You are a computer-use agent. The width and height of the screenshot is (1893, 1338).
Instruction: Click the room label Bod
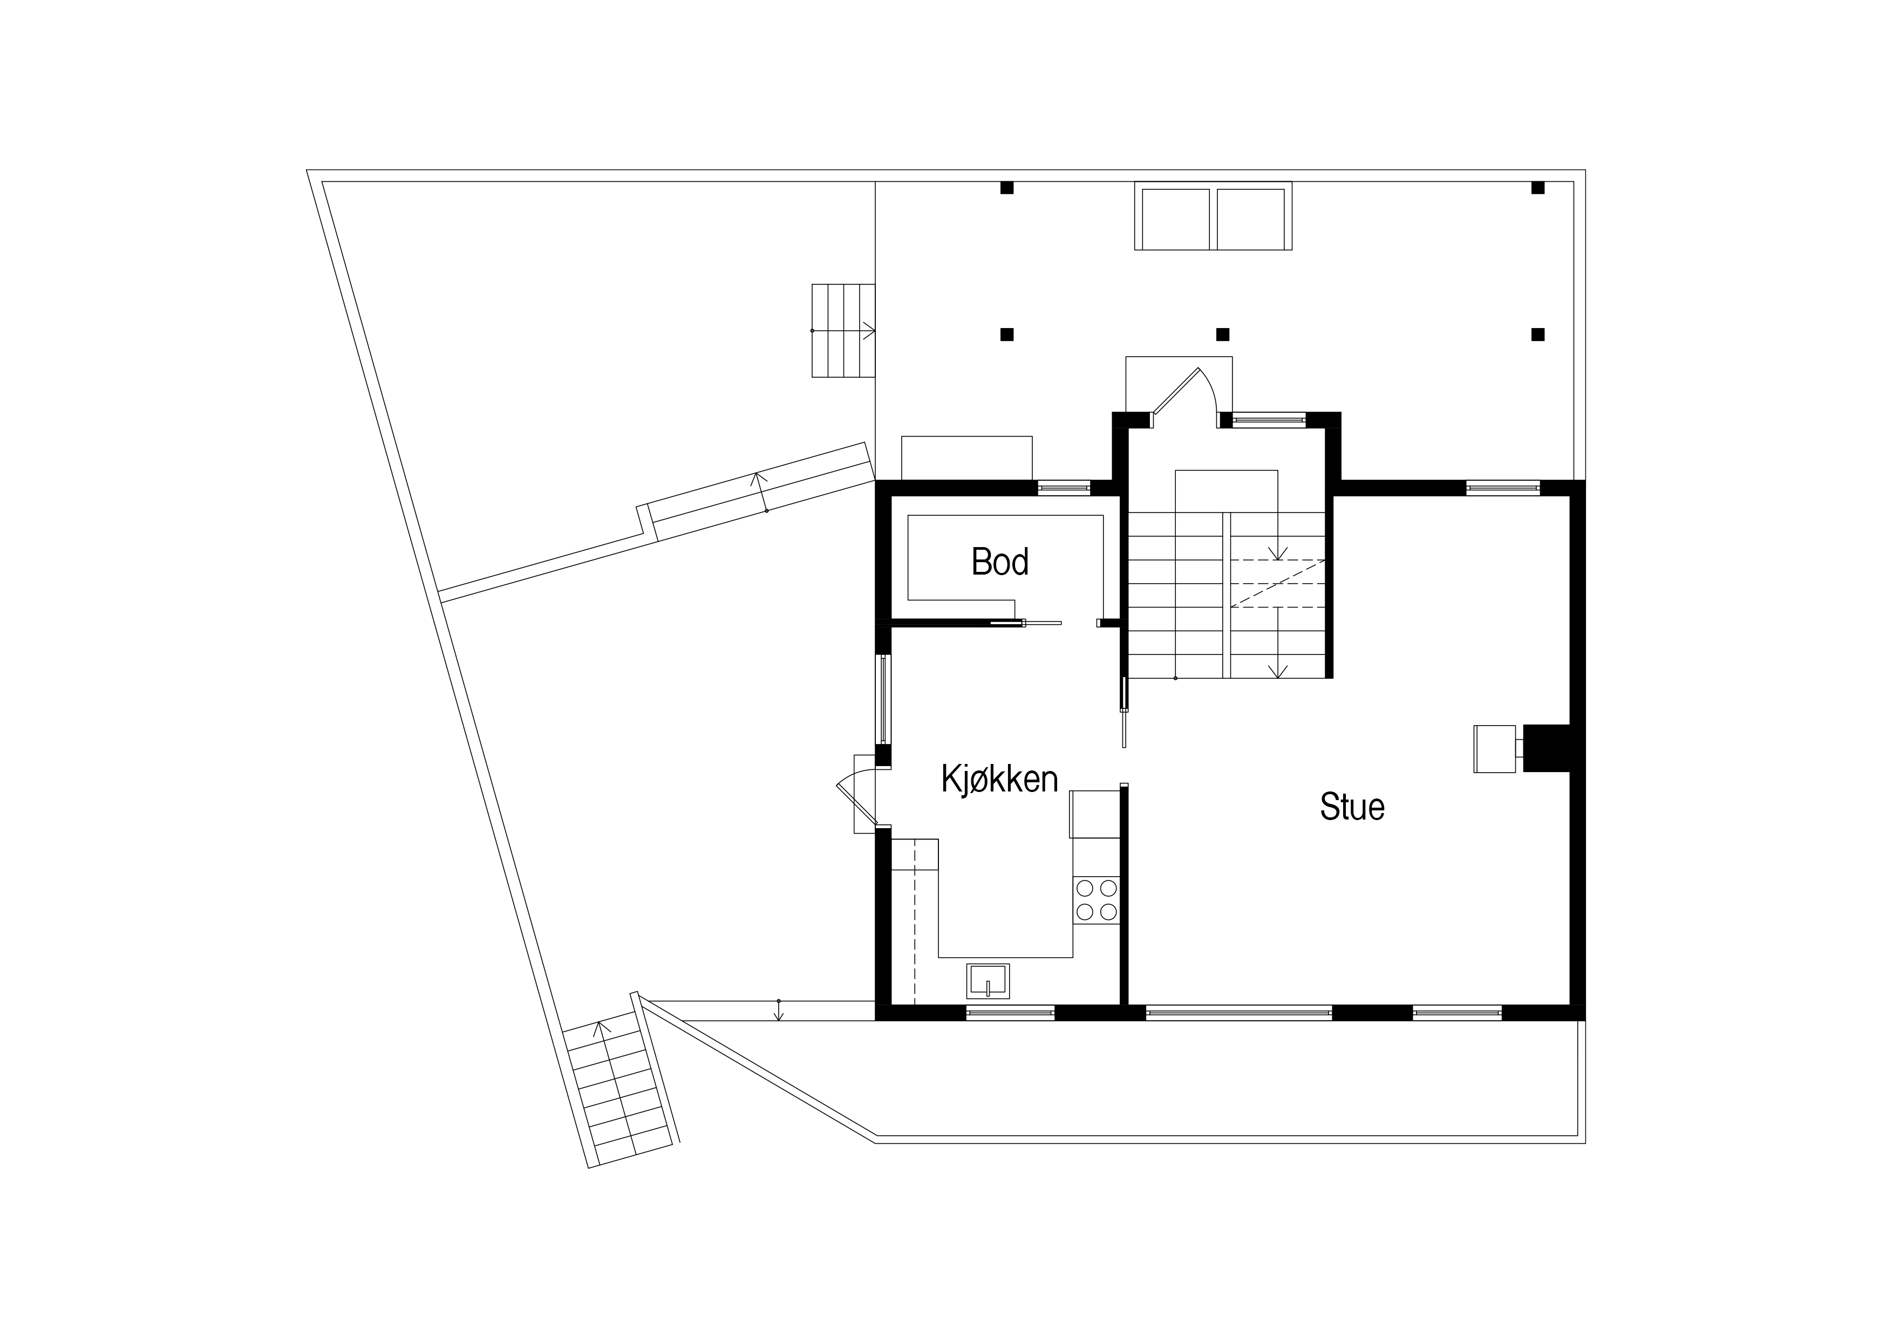1000,562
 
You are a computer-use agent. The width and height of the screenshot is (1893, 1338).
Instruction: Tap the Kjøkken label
999,779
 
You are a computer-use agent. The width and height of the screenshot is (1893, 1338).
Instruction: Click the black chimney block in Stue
1546,748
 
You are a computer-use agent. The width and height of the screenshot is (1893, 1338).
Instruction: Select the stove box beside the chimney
1495,748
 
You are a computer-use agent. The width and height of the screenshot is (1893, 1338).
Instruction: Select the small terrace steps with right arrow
842,331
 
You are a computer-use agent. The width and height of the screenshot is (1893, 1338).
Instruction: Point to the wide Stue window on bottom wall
1238,1013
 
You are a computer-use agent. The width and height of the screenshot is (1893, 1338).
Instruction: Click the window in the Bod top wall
1064,487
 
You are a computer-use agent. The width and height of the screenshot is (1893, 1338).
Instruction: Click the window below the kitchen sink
1010,1013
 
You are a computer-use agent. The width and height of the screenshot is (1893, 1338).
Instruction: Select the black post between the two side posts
1223,334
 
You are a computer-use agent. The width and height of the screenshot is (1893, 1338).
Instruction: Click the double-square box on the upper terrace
1213,215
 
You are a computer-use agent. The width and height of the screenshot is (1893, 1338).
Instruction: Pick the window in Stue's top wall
1503,487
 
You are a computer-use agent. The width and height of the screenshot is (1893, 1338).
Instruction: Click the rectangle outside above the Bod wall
967,458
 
